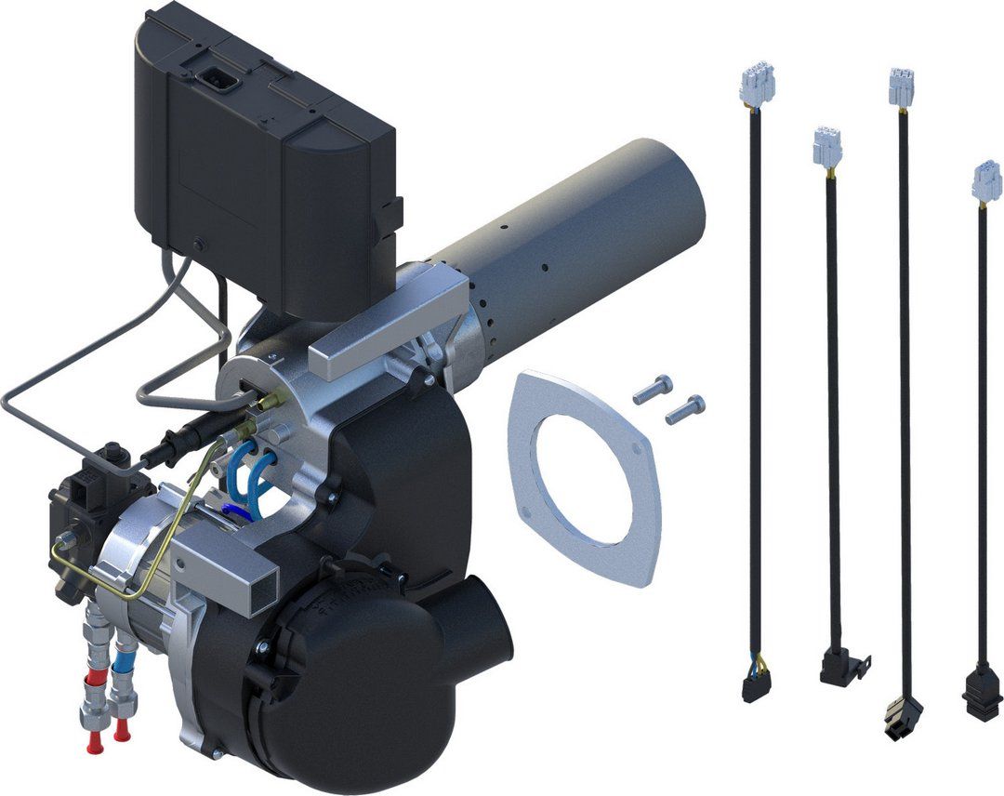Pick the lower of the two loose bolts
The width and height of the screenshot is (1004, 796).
(685, 408)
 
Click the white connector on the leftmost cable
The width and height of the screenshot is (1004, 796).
(757, 86)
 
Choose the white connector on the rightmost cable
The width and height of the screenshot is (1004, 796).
(986, 181)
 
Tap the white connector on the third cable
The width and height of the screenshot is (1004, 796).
(901, 87)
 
